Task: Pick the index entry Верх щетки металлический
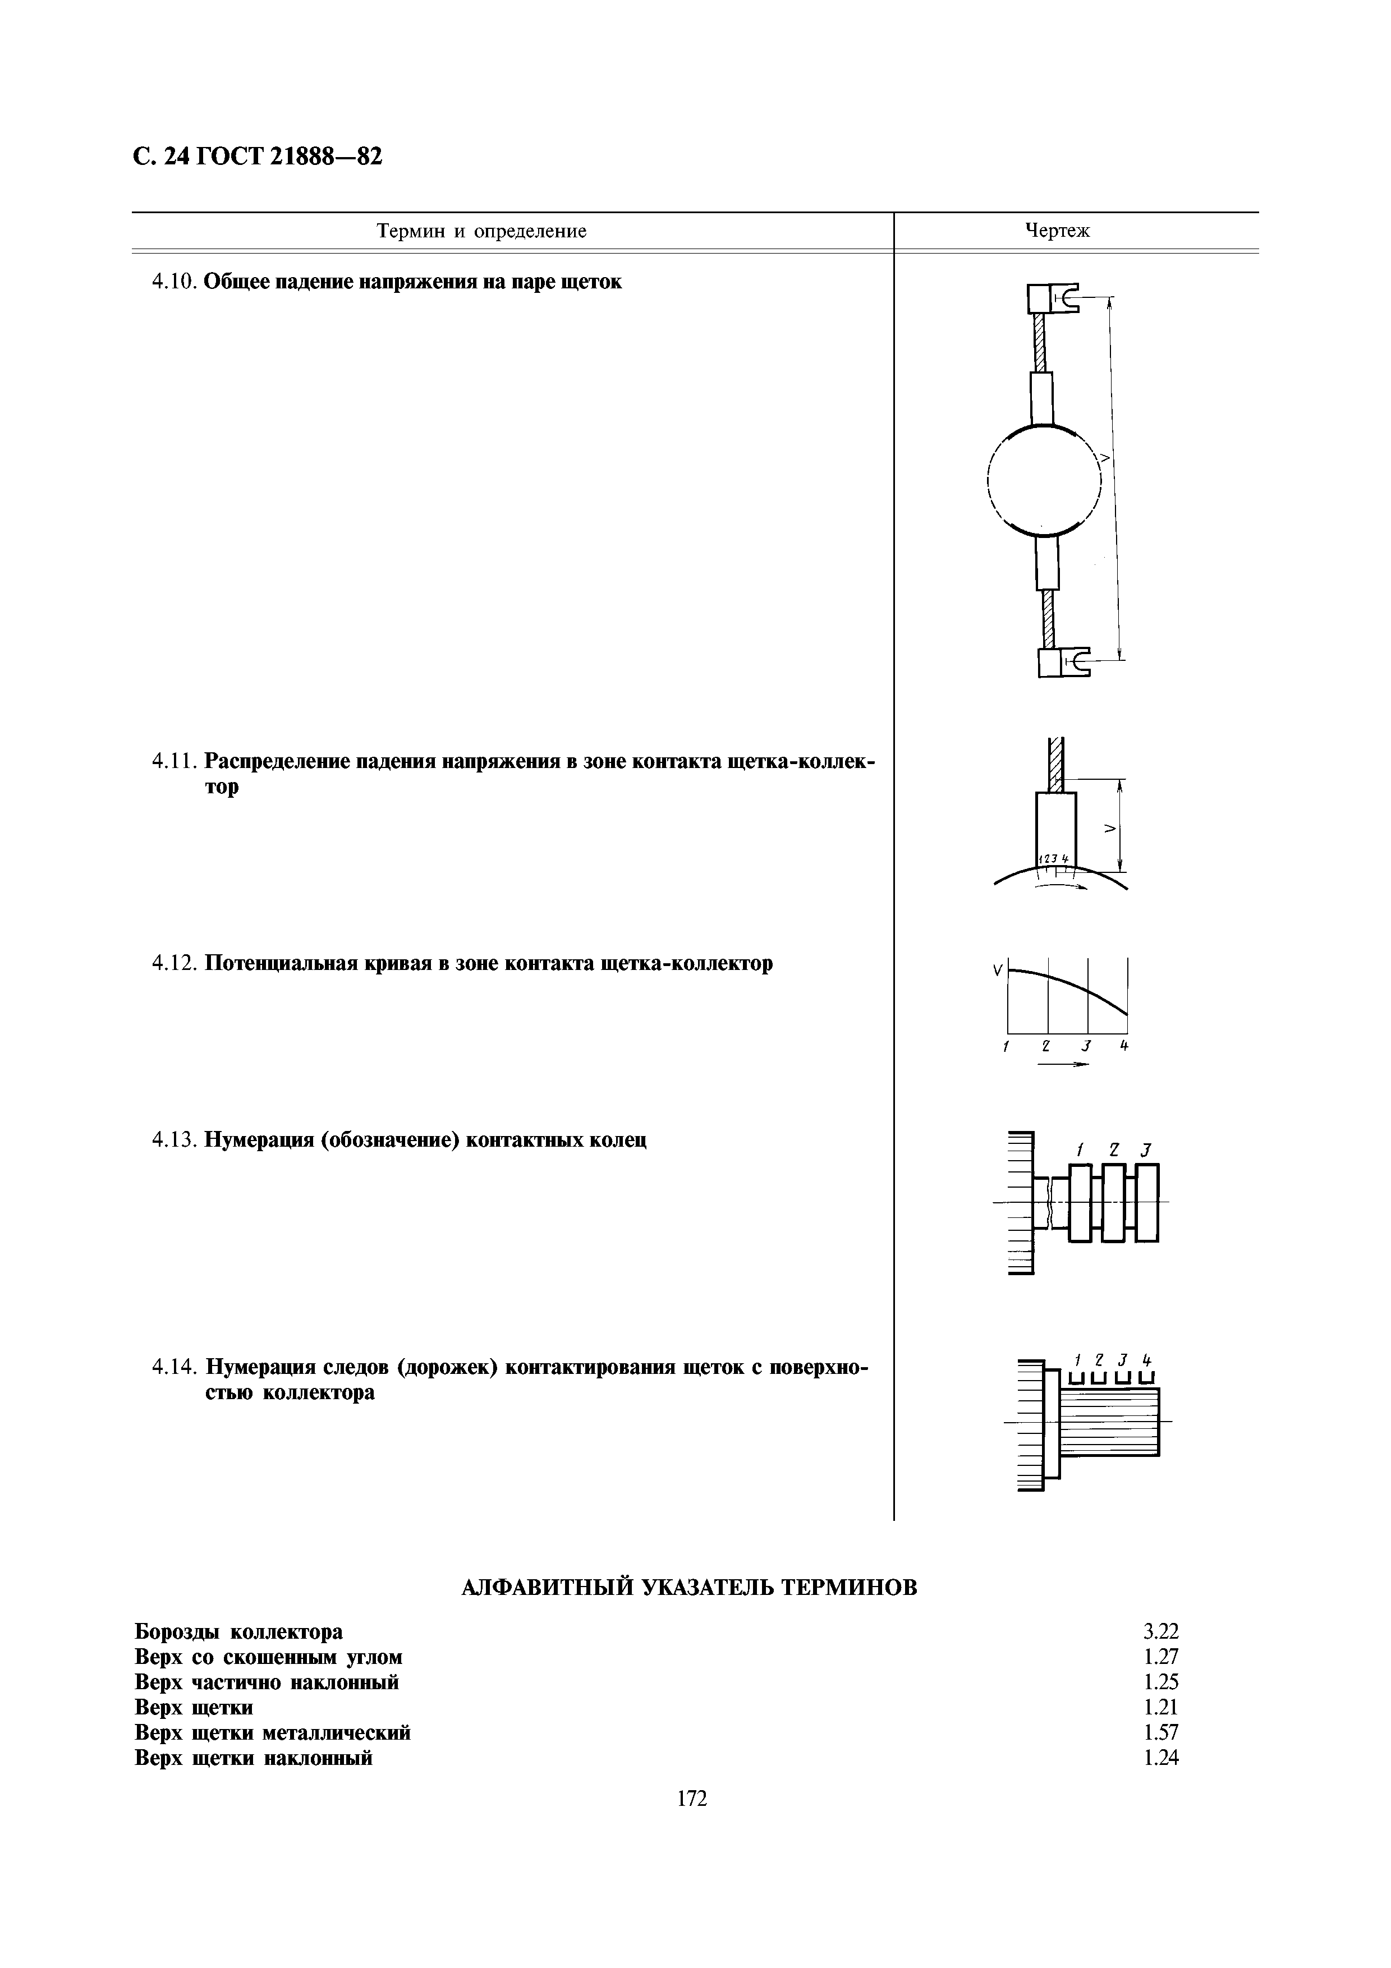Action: pyautogui.click(x=273, y=1732)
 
